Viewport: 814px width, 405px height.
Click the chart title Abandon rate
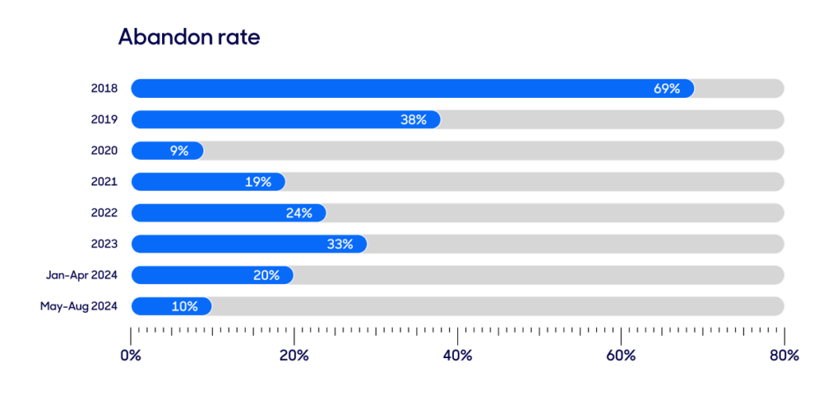189,37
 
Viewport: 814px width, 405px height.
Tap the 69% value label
667,88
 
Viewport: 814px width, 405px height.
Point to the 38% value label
413,119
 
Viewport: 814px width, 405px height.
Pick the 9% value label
179,150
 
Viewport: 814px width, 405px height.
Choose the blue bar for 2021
191,181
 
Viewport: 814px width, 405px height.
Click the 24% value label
299,213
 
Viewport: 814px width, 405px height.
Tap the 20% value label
266,275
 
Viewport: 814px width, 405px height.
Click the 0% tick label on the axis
130,356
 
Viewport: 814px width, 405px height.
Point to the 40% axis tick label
457,356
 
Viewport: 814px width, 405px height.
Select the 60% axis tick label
621,356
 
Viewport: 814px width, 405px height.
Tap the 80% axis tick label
784,356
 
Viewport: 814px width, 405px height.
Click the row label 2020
104,150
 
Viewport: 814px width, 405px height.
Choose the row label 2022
104,213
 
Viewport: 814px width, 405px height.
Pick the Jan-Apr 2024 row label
82,275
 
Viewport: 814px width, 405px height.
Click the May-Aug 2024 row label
79,306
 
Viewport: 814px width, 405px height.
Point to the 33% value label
339,244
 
